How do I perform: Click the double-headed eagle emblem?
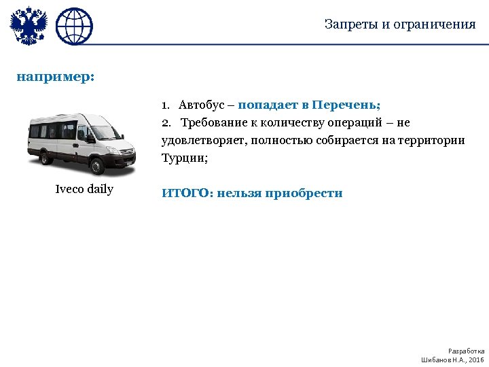click(x=28, y=27)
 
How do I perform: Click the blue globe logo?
click(x=74, y=27)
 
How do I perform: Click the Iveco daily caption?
click(x=84, y=189)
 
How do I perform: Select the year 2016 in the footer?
click(x=476, y=360)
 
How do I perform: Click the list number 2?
click(x=166, y=123)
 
